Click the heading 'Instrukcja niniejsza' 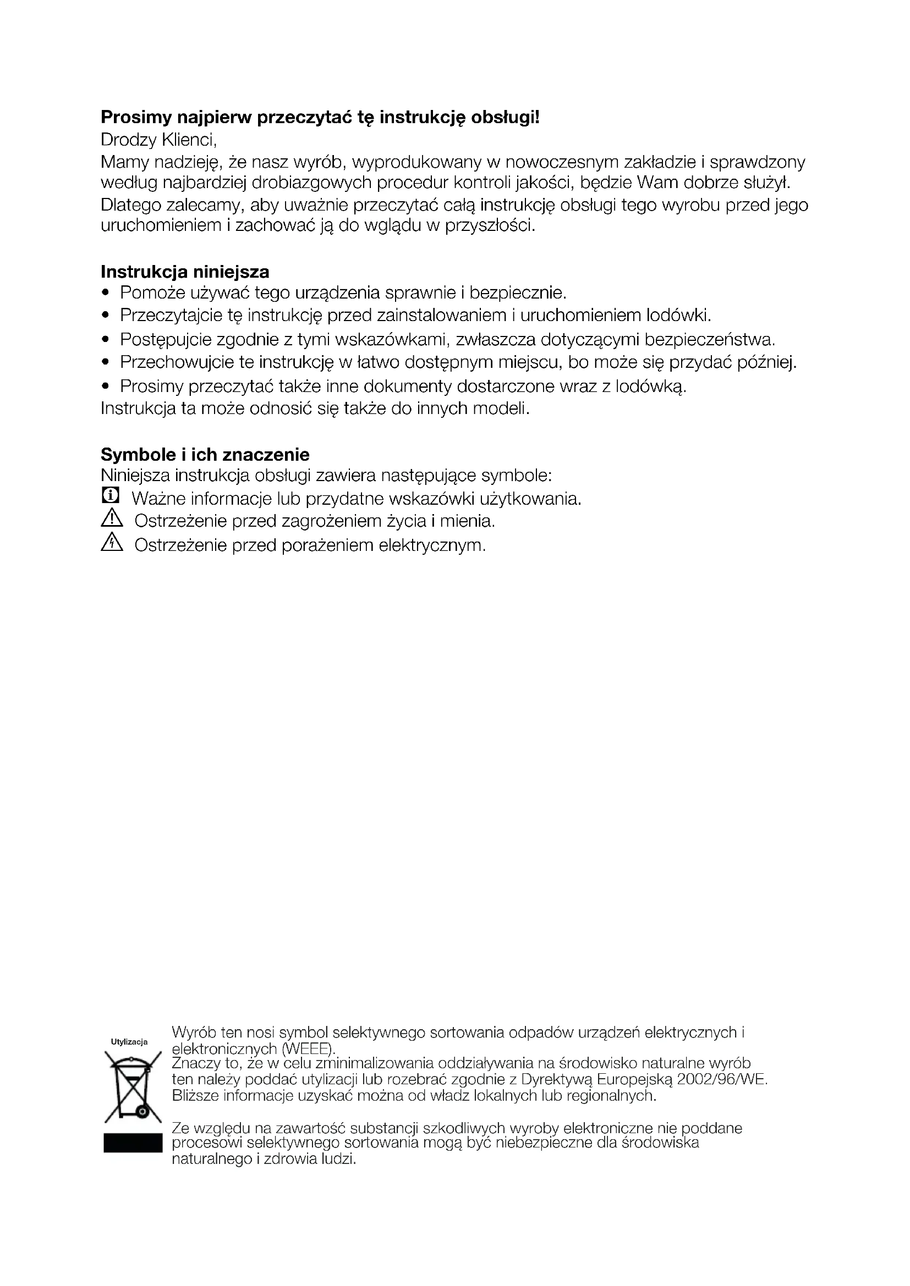click(185, 272)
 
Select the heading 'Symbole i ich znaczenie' click(205, 454)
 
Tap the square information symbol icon click(111, 495)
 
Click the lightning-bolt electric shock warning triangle click(112, 543)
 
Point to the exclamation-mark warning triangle click(112, 519)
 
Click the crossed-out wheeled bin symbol click(133, 1088)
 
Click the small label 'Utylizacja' click(129, 1042)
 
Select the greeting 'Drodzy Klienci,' click(158, 139)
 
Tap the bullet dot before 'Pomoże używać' click(106, 294)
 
